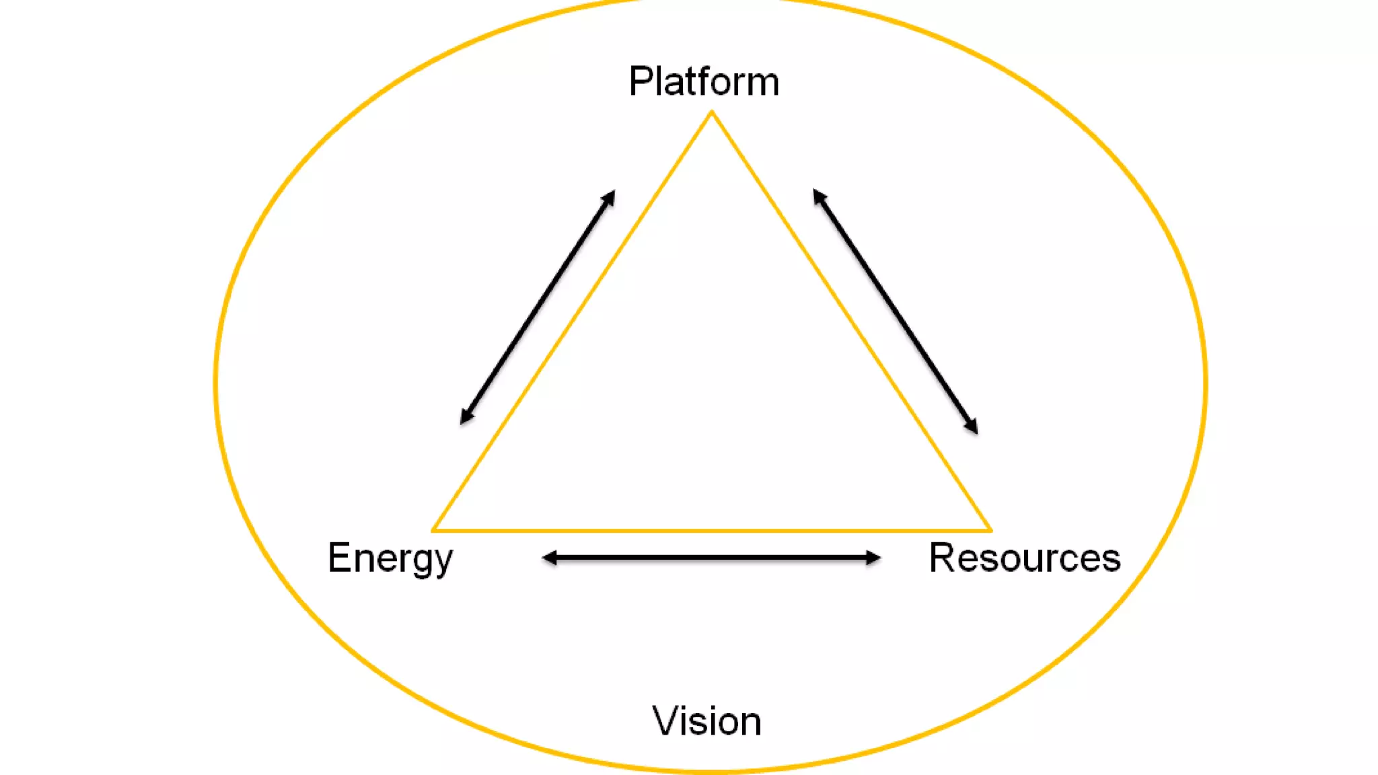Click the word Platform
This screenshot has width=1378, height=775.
pyautogui.click(x=704, y=82)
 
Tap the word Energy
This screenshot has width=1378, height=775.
pyautogui.click(x=390, y=558)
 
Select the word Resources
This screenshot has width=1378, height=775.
pyautogui.click(x=1024, y=558)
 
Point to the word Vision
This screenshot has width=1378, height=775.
pyautogui.click(x=706, y=721)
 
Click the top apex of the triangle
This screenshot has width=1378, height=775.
pyautogui.click(x=712, y=112)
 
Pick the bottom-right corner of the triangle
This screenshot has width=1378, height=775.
pyautogui.click(x=990, y=530)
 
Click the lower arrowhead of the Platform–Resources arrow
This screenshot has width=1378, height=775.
pyautogui.click(x=972, y=427)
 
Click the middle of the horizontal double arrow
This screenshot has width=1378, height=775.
pyautogui.click(x=711, y=558)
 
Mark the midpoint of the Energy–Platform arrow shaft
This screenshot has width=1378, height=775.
pyautogui.click(x=537, y=307)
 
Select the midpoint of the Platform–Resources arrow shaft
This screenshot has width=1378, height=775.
pyautogui.click(x=896, y=311)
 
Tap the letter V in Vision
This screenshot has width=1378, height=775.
pyautogui.click(x=665, y=721)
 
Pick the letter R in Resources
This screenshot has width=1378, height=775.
pyautogui.click(x=941, y=558)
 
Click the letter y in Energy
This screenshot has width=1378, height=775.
pyautogui.click(x=443, y=563)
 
